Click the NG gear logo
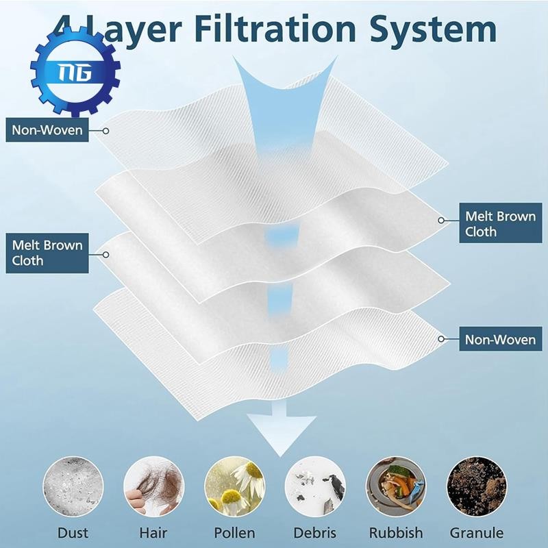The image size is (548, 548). click(x=75, y=71)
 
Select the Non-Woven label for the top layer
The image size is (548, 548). click(x=47, y=129)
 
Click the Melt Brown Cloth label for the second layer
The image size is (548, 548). click(x=500, y=224)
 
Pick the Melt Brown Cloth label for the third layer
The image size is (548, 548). click(x=47, y=253)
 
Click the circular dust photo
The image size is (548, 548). click(x=73, y=487)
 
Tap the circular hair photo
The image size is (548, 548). click(x=153, y=487)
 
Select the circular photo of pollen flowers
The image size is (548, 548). click(x=234, y=487)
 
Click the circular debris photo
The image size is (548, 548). click(x=315, y=487)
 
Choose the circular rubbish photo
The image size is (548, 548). click(x=396, y=487)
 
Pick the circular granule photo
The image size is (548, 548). click(x=477, y=487)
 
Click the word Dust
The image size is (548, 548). click(x=73, y=532)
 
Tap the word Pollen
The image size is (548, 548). click(x=234, y=532)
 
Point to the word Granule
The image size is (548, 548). click(x=477, y=532)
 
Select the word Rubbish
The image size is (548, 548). click(x=396, y=532)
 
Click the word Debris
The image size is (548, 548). click(x=315, y=532)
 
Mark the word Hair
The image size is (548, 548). click(x=153, y=532)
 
